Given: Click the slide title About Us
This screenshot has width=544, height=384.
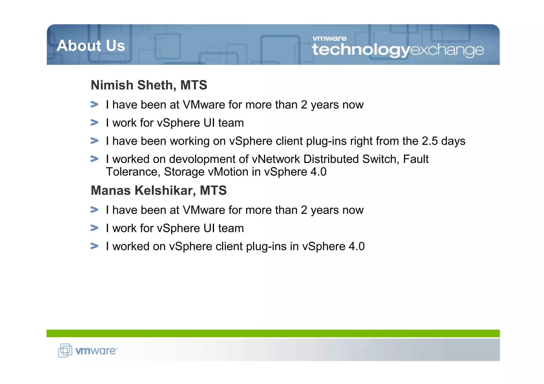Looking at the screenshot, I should click(91, 46).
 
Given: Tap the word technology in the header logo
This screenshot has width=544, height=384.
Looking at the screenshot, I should click(361, 50).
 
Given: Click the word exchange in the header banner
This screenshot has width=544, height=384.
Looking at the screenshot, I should click(447, 50).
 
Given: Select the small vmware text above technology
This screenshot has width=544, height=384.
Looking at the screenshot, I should click(329, 38).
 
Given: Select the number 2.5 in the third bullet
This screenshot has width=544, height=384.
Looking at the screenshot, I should click(430, 141).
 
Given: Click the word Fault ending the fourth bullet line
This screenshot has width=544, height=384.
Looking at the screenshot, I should click(416, 159).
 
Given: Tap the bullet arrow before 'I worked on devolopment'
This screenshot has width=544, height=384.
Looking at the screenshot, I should click(94, 159).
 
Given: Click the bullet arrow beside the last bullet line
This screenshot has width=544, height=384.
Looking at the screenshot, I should click(94, 246).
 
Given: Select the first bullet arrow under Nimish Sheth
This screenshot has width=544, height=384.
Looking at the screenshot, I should click(94, 104).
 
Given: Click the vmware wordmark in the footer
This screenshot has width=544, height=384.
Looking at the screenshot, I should click(96, 351).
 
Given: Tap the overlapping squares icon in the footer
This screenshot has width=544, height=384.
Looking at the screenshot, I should click(65, 350).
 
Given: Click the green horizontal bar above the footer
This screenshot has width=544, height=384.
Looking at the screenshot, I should click(273, 333).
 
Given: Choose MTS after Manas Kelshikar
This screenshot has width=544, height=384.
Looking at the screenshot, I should click(213, 191).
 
